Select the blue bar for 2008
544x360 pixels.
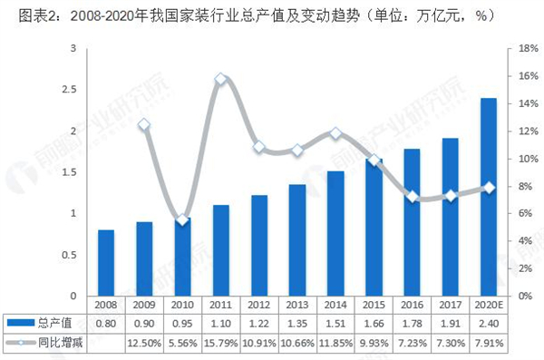[106, 263]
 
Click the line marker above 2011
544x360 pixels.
[220, 79]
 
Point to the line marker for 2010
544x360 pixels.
[182, 219]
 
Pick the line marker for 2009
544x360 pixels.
[144, 124]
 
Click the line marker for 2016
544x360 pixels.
[412, 197]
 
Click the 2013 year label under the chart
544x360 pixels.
[297, 306]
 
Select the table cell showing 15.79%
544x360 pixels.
[220, 342]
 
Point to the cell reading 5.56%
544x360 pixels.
[182, 342]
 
